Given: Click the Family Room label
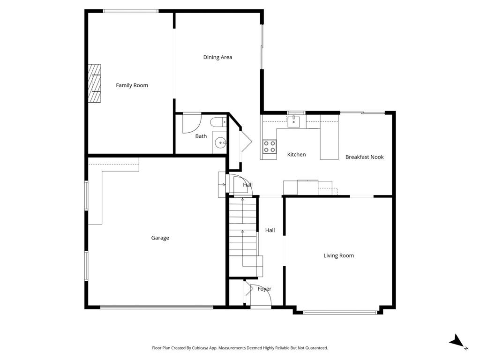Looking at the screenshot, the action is pos(132,85).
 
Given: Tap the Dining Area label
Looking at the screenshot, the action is pos(217,57).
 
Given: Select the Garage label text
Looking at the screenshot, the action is pos(160,238).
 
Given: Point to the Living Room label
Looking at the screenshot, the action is pos(338,255).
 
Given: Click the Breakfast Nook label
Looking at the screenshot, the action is pos(365,157).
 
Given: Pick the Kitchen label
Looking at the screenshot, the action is pos(296,155).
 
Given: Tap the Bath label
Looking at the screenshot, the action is pos(201,136).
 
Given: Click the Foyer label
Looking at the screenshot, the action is pos(264,289).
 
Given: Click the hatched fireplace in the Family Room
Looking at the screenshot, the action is pos(94,83).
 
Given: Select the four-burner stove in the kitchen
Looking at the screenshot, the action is pos(270,146).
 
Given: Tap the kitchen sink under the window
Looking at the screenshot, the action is pos(293,121).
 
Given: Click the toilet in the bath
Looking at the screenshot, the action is pos(218,122).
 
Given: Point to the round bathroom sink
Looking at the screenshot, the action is pos(220,142).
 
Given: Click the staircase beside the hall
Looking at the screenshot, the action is pos(244,237).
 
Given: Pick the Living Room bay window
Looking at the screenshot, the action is pos(340,313).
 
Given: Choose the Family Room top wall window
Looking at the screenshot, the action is pos(131,11).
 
